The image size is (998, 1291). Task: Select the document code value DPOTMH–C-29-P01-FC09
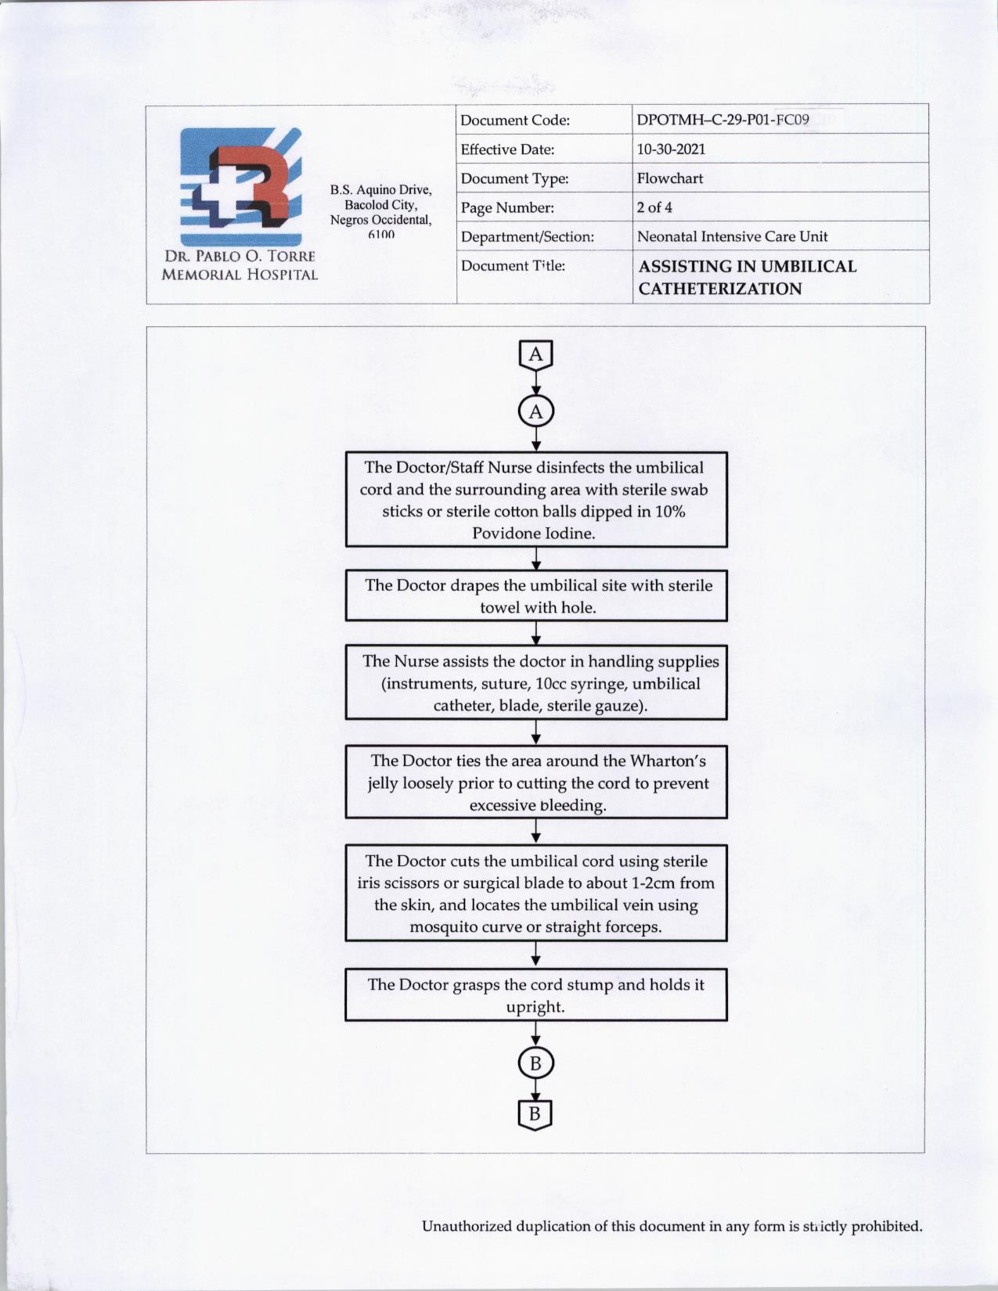click(x=722, y=120)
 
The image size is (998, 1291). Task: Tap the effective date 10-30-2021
click(x=671, y=149)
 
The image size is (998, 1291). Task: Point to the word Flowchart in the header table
click(x=669, y=178)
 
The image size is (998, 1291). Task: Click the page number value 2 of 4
click(x=654, y=207)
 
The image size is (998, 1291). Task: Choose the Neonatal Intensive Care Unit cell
click(x=732, y=236)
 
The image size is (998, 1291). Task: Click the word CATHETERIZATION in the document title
click(x=720, y=289)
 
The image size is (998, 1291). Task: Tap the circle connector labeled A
click(x=535, y=412)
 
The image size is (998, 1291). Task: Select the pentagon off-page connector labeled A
click(x=535, y=355)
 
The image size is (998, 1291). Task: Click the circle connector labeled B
click(x=535, y=1063)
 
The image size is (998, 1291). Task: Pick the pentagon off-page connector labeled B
click(x=535, y=1114)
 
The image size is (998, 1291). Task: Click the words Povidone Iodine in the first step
click(x=533, y=534)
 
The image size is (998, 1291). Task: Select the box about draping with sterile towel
click(x=536, y=596)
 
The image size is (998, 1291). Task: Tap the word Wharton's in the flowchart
click(x=668, y=761)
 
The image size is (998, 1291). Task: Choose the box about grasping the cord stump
click(x=536, y=995)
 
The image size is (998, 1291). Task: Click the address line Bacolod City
click(x=380, y=205)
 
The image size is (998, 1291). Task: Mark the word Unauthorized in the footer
click(x=467, y=1226)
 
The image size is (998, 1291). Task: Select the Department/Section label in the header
click(x=527, y=236)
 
